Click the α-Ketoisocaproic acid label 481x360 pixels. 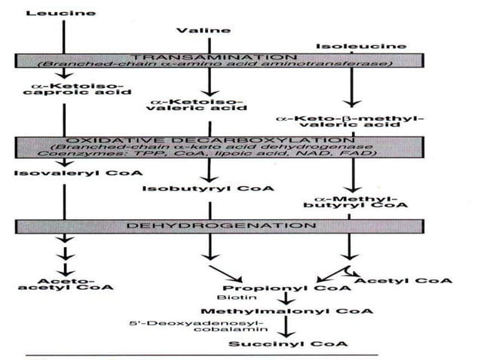[64, 93]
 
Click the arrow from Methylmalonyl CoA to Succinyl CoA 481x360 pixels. [284, 326]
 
